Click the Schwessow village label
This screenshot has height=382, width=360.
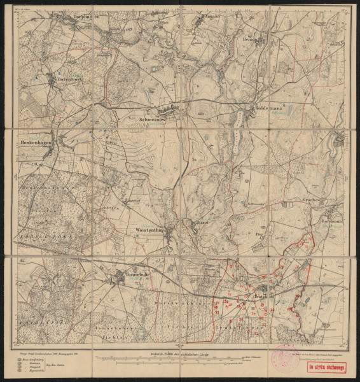click(152, 118)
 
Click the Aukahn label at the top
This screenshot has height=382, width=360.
click(211, 18)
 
